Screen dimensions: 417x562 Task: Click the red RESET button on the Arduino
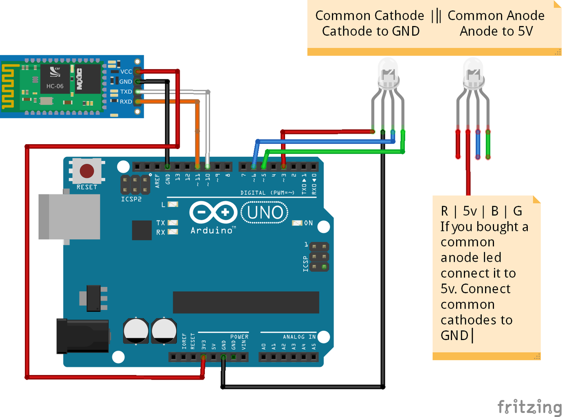click(87, 171)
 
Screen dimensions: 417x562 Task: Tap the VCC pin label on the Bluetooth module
click(126, 72)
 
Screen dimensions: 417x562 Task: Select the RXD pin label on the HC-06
click(126, 102)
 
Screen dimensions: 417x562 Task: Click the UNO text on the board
click(265, 213)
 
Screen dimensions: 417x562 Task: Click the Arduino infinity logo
click(213, 212)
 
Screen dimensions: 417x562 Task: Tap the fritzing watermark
click(529, 407)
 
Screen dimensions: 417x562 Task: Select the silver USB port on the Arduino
click(69, 217)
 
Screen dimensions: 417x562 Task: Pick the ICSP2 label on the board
click(131, 199)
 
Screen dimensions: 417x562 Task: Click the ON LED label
click(308, 223)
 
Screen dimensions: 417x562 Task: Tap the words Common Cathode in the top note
click(369, 16)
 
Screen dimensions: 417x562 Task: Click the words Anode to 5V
click(496, 31)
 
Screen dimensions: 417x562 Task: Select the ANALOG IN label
click(299, 337)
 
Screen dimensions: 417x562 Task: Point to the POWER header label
click(239, 337)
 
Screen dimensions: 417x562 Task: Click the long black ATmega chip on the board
click(246, 302)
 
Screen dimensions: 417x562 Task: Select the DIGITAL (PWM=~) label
click(267, 193)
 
